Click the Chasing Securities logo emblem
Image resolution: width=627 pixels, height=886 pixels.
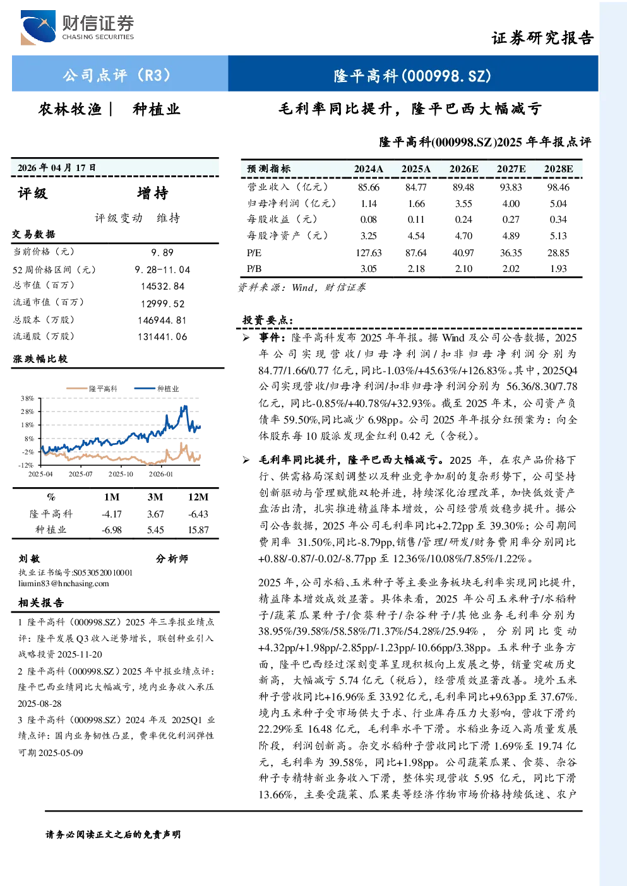point(38,27)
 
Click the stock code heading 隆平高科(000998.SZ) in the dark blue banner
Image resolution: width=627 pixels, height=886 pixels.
point(412,75)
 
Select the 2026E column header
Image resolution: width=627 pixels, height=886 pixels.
point(463,169)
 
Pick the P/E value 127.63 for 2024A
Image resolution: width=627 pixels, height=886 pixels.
point(369,253)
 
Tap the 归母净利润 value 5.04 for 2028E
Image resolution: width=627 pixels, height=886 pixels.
point(558,204)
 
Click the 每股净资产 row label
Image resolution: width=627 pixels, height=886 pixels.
point(288,236)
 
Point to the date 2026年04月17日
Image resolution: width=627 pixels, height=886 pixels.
point(57,168)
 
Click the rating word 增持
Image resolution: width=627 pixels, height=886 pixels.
point(153,193)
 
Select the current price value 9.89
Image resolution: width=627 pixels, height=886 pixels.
point(162,252)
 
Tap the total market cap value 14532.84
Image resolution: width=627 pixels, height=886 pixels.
point(163,286)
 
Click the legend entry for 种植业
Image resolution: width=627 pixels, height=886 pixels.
point(157,389)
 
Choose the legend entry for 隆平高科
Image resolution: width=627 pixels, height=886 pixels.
point(92,389)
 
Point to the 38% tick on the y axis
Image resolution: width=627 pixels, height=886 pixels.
point(28,398)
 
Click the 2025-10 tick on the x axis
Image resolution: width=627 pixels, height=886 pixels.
point(121,474)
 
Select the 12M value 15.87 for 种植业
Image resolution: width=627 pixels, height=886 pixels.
point(198,529)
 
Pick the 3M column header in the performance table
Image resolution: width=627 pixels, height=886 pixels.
point(155,497)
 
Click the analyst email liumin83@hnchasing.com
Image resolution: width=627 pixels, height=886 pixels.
point(63,584)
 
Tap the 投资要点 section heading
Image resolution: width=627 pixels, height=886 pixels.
point(268,320)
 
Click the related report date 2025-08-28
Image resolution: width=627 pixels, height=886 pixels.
point(40,704)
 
